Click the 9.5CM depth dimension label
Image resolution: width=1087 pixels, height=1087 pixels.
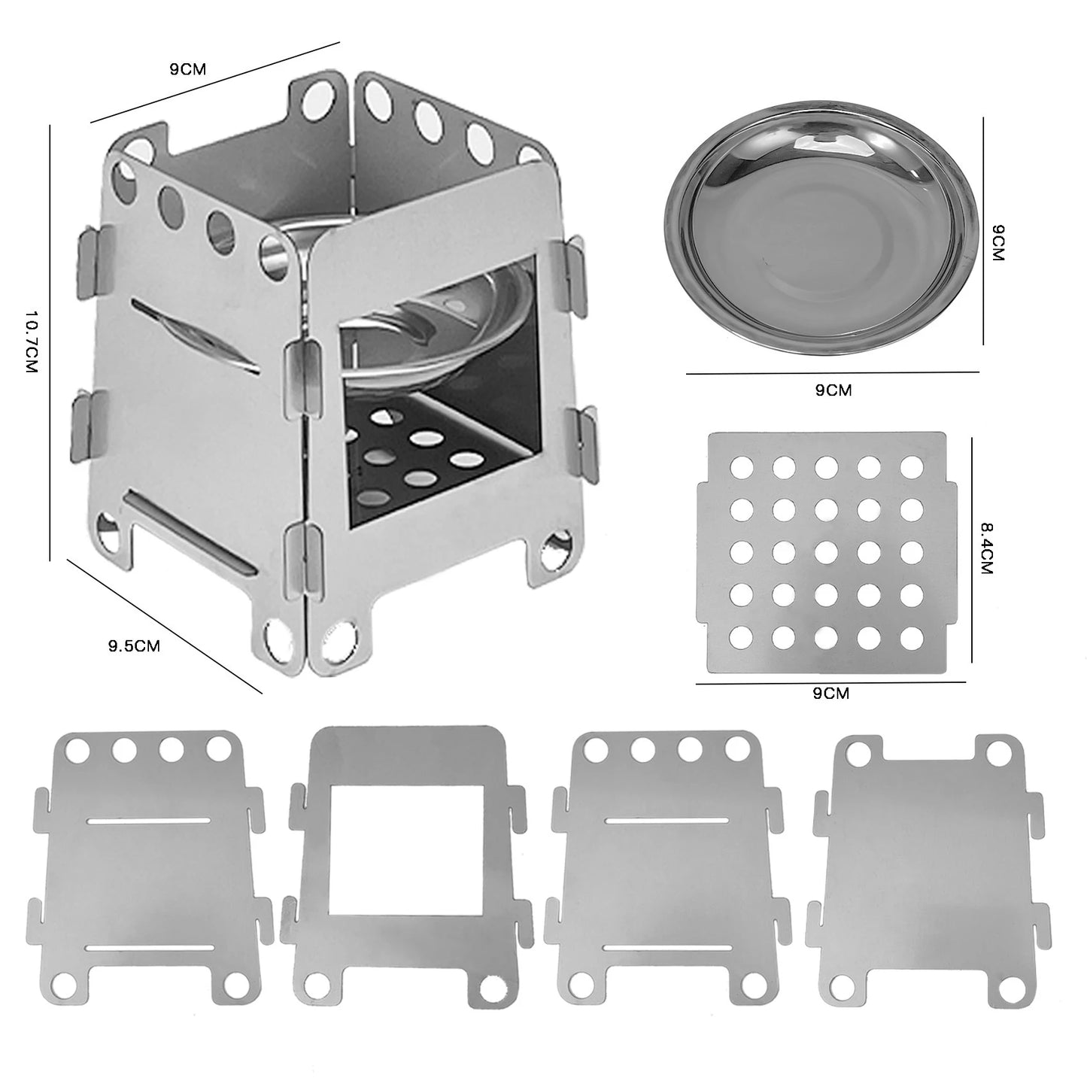click(x=134, y=645)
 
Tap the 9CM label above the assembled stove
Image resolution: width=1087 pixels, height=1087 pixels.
click(x=187, y=70)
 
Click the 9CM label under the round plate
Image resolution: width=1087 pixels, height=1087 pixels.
click(x=833, y=390)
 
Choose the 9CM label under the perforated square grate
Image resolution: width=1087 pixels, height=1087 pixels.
click(x=830, y=694)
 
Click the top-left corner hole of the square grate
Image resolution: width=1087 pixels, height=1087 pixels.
click(x=741, y=467)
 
